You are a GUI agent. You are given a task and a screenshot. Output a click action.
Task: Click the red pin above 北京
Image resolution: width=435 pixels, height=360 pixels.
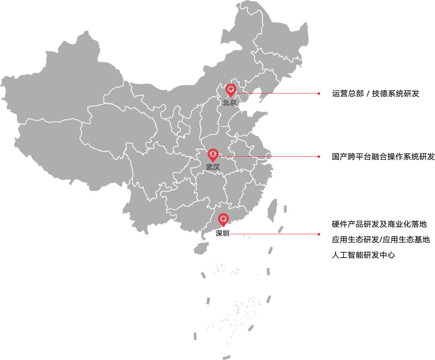tap(231, 90)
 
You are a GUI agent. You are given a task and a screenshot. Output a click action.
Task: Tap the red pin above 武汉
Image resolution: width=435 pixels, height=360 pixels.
tap(213, 154)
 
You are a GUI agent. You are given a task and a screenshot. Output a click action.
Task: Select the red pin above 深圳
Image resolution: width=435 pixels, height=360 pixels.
tap(223, 219)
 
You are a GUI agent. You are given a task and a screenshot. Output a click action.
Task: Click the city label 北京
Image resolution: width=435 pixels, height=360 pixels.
tap(230, 103)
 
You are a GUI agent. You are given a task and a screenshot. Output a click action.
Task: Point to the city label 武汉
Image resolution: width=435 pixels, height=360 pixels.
tap(212, 167)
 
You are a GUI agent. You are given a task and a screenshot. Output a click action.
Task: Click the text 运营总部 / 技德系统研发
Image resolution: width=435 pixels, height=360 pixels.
tap(375, 94)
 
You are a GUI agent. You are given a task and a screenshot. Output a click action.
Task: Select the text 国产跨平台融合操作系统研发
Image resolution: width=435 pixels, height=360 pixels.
tap(383, 157)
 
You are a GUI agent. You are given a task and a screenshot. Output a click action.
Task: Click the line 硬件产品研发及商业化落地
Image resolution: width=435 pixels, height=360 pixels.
tap(379, 225)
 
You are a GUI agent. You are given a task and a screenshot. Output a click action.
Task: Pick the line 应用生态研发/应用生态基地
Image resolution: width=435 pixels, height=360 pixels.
tap(381, 240)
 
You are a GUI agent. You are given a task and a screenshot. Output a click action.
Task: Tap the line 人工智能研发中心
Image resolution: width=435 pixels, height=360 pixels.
tap(363, 255)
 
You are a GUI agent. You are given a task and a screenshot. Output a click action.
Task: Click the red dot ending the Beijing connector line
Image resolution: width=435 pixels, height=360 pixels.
tap(318, 94)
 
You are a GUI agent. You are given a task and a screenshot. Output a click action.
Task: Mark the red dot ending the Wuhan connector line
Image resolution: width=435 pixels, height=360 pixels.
tap(318, 157)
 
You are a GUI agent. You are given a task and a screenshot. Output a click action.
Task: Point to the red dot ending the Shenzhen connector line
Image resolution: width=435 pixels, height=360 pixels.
tap(318, 234)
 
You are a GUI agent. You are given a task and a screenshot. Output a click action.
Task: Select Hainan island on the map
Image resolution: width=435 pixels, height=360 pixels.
tap(200, 248)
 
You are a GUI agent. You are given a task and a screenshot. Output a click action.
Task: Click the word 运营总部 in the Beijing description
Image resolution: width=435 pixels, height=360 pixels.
tap(348, 94)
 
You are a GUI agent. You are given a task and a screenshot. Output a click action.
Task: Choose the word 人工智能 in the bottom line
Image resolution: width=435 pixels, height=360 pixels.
tap(347, 255)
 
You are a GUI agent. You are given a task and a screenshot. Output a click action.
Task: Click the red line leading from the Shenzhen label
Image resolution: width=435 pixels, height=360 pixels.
tap(274, 234)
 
